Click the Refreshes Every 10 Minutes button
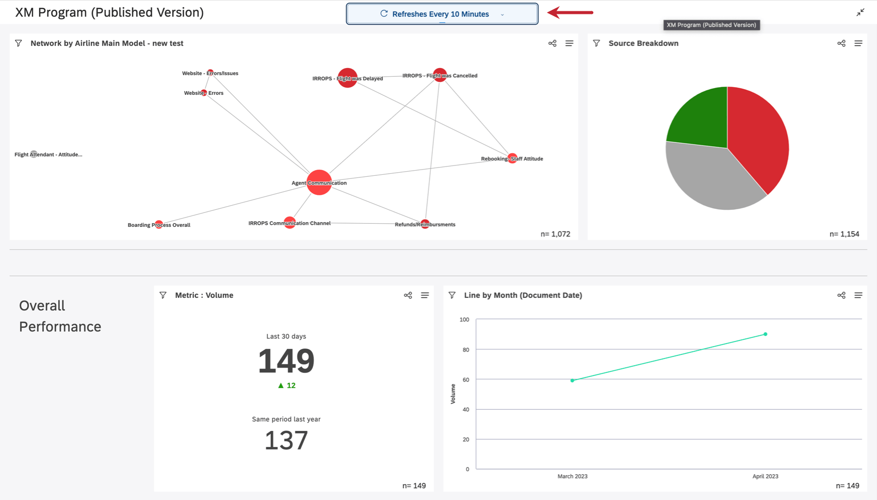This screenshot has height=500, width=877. point(442,14)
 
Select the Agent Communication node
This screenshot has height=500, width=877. point(319,182)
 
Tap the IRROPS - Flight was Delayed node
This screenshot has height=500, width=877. point(347,78)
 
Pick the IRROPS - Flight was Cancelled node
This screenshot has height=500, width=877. point(440,75)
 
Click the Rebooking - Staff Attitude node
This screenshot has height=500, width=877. point(512,158)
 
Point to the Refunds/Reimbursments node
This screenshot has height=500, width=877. point(425,224)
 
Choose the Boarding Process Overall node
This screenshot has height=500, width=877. point(159,225)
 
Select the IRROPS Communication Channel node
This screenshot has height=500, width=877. point(289,223)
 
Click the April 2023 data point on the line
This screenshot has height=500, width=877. point(765,334)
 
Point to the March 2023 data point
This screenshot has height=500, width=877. point(572,380)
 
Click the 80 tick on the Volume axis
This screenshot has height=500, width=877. point(466,349)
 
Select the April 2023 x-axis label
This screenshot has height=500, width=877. point(765,476)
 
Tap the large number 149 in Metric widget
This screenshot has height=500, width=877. point(286,361)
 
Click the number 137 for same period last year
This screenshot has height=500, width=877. point(286,441)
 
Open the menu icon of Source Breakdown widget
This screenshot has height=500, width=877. point(858,43)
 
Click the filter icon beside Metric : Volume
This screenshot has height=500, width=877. point(163,295)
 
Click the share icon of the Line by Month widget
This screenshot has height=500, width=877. point(841,295)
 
